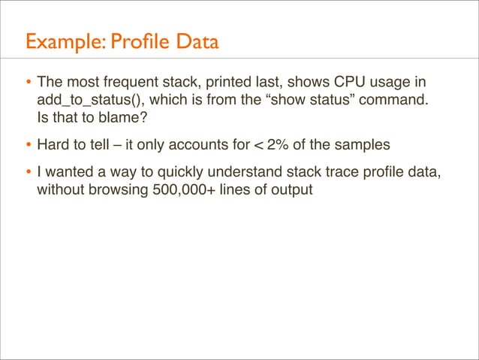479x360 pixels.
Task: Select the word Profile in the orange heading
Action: (136, 41)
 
